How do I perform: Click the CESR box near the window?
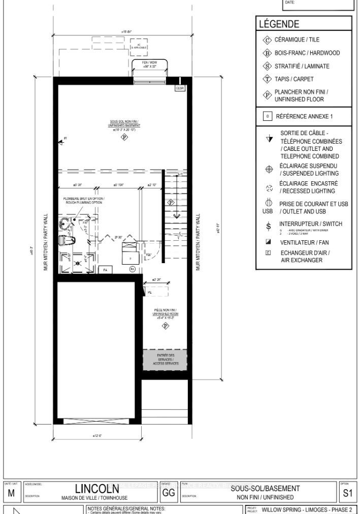tap(180, 88)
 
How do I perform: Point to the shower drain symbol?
tap(77, 264)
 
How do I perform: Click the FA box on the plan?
tap(105, 270)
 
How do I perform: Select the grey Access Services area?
tap(165, 359)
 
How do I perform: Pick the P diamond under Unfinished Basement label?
tap(124, 138)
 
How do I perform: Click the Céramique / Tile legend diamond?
tap(267, 40)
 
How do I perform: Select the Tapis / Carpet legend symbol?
tap(267, 79)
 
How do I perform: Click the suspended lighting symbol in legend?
tap(269, 170)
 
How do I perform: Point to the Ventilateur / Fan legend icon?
tap(268, 242)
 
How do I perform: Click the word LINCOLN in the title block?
tap(97, 489)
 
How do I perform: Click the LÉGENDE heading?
tap(279, 24)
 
